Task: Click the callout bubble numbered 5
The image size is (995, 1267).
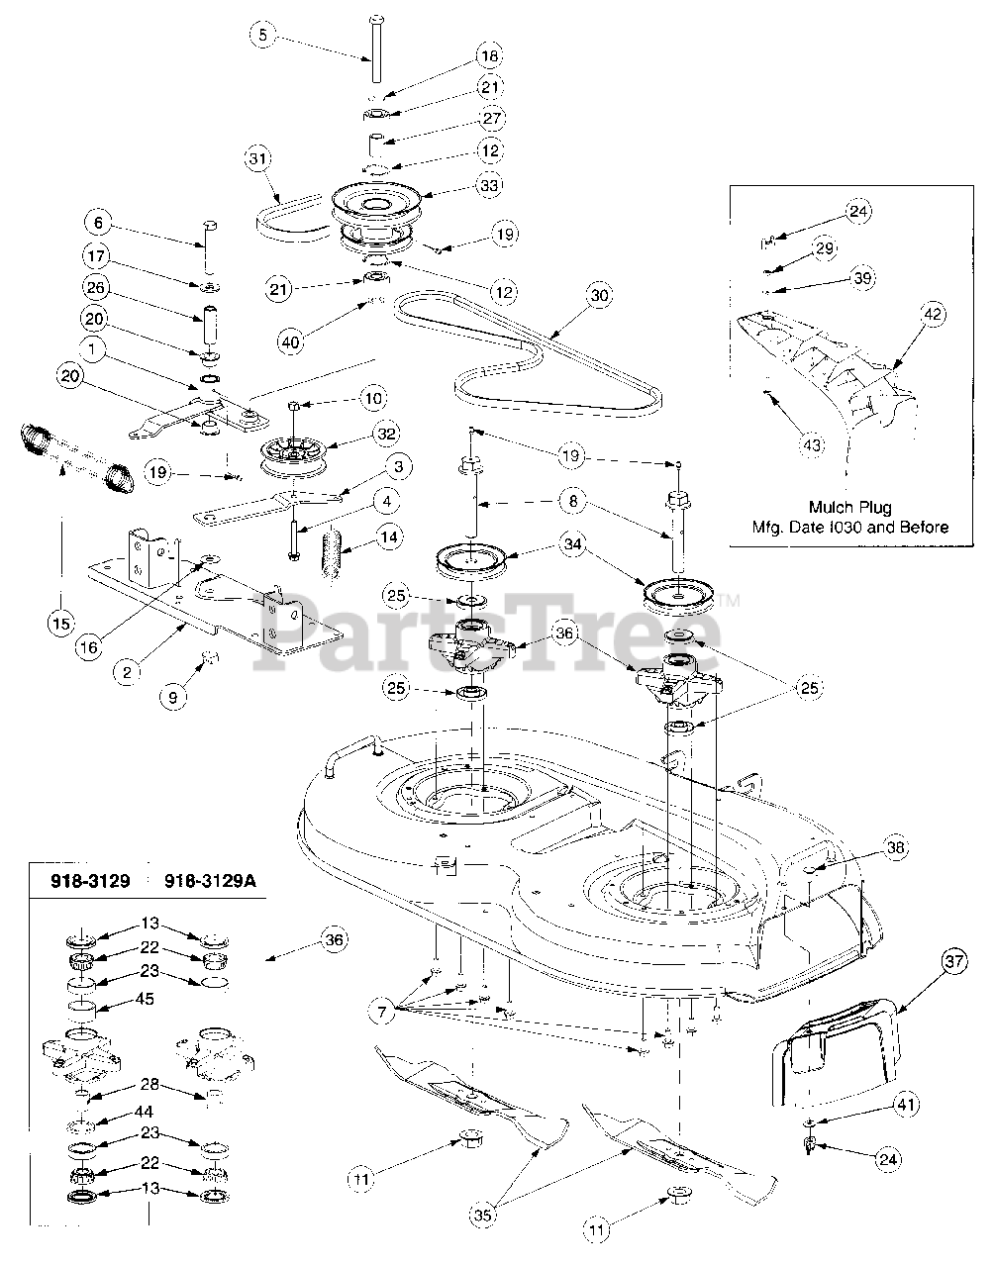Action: click(261, 37)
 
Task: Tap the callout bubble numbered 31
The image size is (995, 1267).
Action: click(258, 158)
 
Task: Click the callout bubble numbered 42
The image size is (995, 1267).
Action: click(932, 315)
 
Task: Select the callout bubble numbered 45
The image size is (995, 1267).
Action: click(145, 999)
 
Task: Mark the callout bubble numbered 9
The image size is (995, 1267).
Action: click(173, 697)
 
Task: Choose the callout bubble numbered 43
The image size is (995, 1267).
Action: click(811, 445)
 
